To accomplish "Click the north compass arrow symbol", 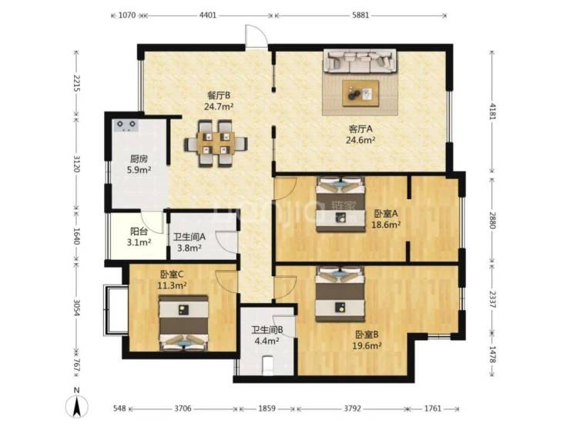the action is [x=77, y=407].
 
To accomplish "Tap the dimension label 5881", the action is [x=360, y=15].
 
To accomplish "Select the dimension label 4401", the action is [x=208, y=15].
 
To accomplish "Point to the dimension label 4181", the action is [x=492, y=112].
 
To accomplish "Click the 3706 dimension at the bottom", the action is [x=183, y=409].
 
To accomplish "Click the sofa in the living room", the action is [x=360, y=61].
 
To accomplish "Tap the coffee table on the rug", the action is [x=360, y=93].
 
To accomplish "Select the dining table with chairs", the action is [x=216, y=143].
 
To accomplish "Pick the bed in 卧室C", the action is [x=184, y=323].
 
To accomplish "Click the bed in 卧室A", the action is [x=340, y=204].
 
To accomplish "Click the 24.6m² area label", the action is [x=360, y=140].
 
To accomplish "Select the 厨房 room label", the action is [x=139, y=158].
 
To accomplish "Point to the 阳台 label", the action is [x=139, y=232].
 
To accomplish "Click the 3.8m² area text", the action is [x=189, y=248].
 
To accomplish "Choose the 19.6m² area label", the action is [x=367, y=345].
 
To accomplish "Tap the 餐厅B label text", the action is [x=219, y=95].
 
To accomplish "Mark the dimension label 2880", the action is [x=492, y=220].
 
